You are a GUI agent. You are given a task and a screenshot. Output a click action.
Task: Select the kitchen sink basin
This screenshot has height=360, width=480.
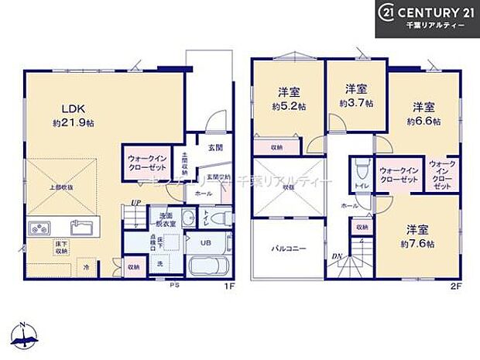click(x=81, y=228)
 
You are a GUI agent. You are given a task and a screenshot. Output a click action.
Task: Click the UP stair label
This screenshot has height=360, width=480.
click(x=136, y=202)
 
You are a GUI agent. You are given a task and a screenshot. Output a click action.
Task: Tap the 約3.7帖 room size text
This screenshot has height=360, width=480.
click(x=355, y=102)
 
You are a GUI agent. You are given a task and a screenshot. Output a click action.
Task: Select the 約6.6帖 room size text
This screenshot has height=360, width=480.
click(x=423, y=121)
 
